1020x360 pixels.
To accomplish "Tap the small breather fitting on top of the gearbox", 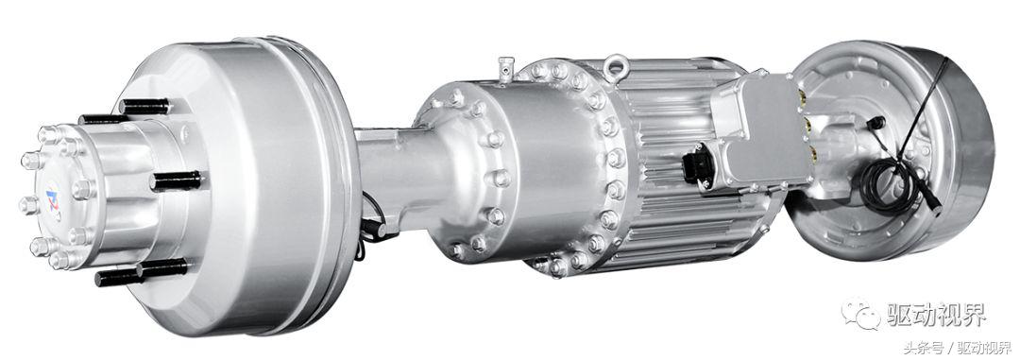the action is (x=505, y=69).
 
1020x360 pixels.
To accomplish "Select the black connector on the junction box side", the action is (x=698, y=165).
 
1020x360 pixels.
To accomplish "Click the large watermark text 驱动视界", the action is (x=937, y=315).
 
